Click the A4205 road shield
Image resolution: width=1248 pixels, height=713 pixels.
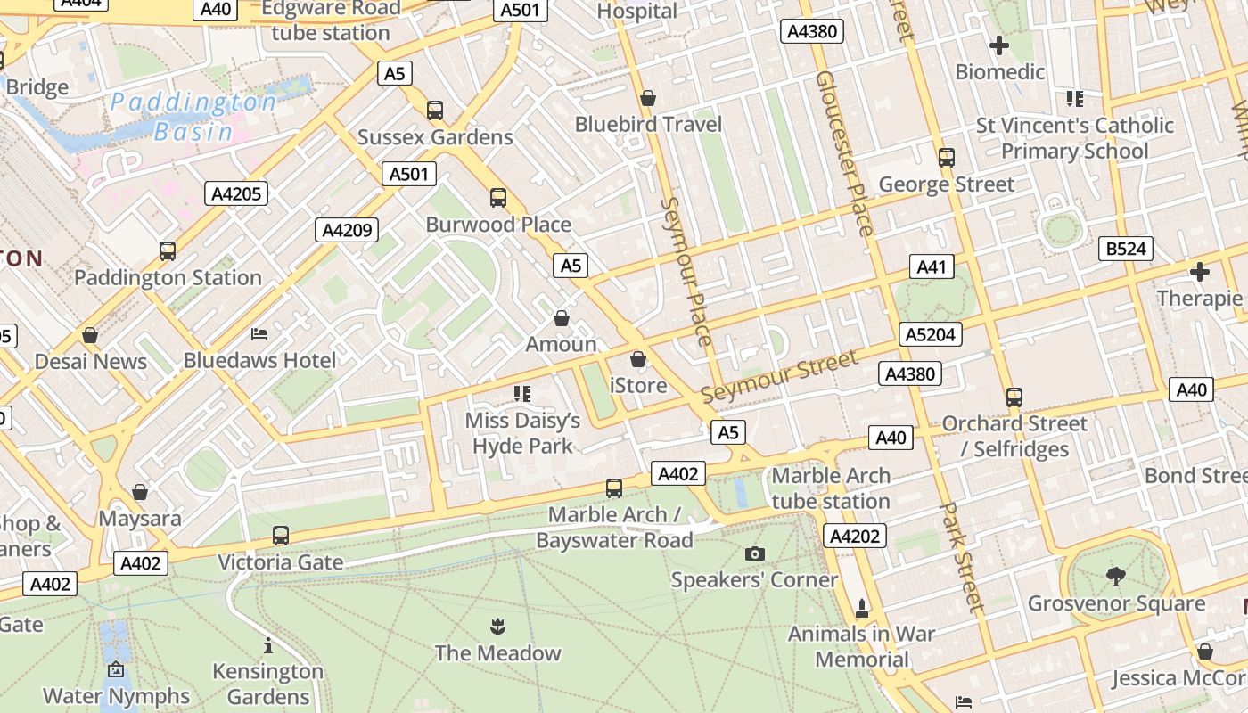(x=237, y=193)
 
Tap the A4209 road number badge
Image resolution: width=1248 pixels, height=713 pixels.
(x=347, y=230)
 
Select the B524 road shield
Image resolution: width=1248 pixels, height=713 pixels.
(x=1126, y=249)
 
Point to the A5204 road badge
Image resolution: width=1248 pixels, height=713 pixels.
(x=931, y=334)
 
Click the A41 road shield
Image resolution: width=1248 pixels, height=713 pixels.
(x=932, y=266)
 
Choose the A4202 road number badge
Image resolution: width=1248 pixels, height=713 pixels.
(x=855, y=536)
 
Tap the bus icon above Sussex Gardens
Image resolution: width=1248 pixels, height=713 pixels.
(x=435, y=111)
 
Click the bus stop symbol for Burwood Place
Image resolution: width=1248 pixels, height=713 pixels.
(x=498, y=198)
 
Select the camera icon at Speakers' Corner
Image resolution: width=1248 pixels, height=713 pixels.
(x=754, y=554)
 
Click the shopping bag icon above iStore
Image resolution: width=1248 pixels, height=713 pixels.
(x=638, y=359)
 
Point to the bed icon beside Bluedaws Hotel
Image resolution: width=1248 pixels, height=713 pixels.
(x=259, y=334)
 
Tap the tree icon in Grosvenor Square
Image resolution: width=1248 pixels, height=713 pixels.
(x=1115, y=577)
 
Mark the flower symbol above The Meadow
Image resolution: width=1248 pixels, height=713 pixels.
(x=497, y=627)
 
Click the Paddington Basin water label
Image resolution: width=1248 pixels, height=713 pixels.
(x=193, y=117)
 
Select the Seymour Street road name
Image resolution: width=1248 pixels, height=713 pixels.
(x=779, y=376)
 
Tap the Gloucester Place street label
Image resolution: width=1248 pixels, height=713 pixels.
(x=844, y=153)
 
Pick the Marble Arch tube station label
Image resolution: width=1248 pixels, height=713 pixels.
(x=831, y=488)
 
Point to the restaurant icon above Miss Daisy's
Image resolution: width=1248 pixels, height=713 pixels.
(x=522, y=393)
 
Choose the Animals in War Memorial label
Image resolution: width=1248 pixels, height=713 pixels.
(x=861, y=647)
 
